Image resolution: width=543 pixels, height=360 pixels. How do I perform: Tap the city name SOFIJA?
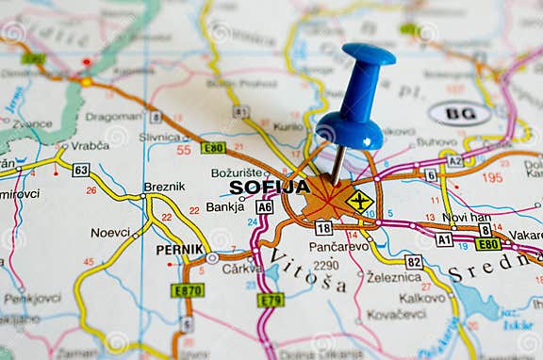[270, 187]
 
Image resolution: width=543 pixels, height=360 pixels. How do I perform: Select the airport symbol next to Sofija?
[359, 200]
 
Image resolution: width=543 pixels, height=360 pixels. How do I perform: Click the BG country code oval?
[460, 114]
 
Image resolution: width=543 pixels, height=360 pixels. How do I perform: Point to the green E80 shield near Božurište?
[213, 148]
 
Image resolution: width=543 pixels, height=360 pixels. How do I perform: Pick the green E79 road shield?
[271, 300]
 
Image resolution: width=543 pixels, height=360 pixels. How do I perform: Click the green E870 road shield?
[188, 290]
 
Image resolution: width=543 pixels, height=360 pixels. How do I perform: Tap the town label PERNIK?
[179, 250]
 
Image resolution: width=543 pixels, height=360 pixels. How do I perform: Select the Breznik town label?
[164, 187]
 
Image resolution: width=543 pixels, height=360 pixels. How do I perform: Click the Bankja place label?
[225, 206]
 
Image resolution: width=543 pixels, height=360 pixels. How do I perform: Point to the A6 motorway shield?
[265, 207]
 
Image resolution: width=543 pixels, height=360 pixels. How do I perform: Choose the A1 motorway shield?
[444, 239]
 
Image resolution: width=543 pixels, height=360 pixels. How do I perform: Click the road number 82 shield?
[414, 261]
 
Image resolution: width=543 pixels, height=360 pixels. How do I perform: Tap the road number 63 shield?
[81, 170]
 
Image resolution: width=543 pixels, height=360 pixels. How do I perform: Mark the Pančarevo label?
[338, 246]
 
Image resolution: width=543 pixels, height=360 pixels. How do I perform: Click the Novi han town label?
[467, 217]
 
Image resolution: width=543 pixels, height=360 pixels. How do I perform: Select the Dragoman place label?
[113, 117]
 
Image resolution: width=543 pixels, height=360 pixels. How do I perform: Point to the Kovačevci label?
[396, 315]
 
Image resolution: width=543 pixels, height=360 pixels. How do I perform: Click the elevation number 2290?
[325, 265]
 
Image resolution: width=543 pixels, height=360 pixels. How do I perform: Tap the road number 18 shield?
[323, 227]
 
